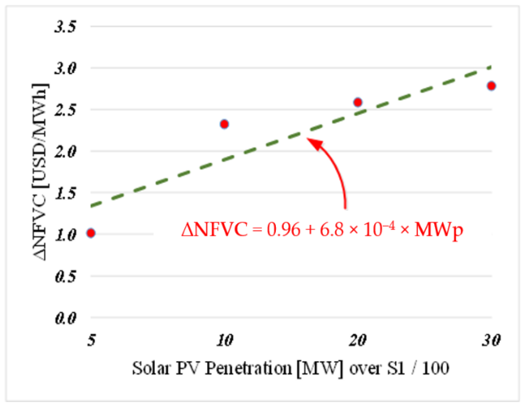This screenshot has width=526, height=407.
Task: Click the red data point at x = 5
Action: [91, 233]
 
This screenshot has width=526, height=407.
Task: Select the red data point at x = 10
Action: [224, 124]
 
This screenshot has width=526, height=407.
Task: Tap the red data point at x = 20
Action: [358, 102]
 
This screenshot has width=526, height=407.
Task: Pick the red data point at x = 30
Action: [491, 86]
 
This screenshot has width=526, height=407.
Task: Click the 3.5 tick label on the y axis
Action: [65, 27]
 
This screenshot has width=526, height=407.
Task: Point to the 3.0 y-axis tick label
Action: [65, 68]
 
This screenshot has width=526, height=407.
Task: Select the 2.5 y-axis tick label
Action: [65, 110]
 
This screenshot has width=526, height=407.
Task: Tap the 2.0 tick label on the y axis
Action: [65, 152]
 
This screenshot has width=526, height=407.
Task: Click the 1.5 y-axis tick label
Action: [65, 193]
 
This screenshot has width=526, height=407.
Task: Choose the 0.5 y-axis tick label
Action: [65, 276]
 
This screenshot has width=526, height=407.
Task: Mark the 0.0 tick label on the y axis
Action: [65, 318]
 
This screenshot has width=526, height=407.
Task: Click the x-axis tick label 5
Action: [91, 340]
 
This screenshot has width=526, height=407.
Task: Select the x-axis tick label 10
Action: [225, 340]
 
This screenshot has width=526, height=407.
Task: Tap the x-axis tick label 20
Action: [358, 340]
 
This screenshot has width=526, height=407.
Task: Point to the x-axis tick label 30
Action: [491, 340]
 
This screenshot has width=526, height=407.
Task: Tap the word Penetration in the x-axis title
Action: [248, 368]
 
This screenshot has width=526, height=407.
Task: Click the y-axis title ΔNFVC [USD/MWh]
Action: [40, 172]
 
